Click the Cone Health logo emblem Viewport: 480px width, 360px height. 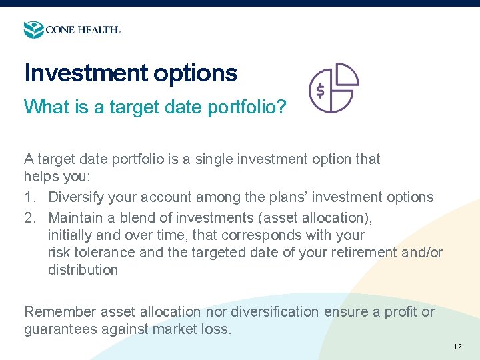[x=33, y=29]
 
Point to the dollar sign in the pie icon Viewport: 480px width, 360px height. [x=320, y=91]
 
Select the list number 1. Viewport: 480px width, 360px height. [x=29, y=197]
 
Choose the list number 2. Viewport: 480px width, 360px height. [x=29, y=217]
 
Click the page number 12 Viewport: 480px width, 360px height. [x=457, y=347]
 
